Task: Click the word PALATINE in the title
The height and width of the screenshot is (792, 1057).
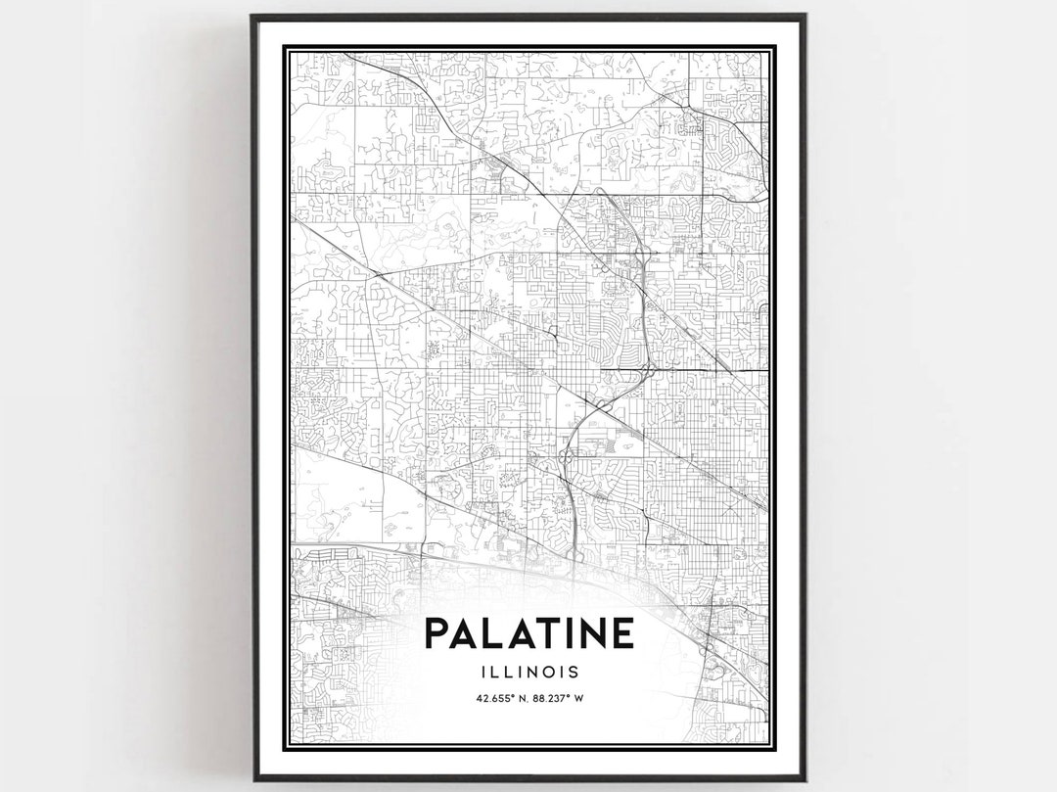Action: (x=528, y=633)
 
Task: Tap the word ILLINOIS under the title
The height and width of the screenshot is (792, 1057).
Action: (x=528, y=673)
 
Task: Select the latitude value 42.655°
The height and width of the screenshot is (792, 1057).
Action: (x=495, y=699)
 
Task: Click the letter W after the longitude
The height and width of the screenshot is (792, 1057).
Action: (x=579, y=699)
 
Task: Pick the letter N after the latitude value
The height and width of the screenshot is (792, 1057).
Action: (x=522, y=699)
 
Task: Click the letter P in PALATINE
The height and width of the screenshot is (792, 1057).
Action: (x=437, y=633)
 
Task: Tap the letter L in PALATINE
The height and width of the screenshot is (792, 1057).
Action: (x=491, y=633)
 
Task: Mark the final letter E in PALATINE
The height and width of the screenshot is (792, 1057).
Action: (x=622, y=633)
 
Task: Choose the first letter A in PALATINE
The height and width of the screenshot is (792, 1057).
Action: (x=464, y=633)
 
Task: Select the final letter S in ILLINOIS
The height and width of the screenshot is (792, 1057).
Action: (x=573, y=673)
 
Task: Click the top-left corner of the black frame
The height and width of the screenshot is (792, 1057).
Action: (x=253, y=16)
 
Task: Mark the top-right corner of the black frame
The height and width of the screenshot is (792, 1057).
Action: (x=804, y=16)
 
